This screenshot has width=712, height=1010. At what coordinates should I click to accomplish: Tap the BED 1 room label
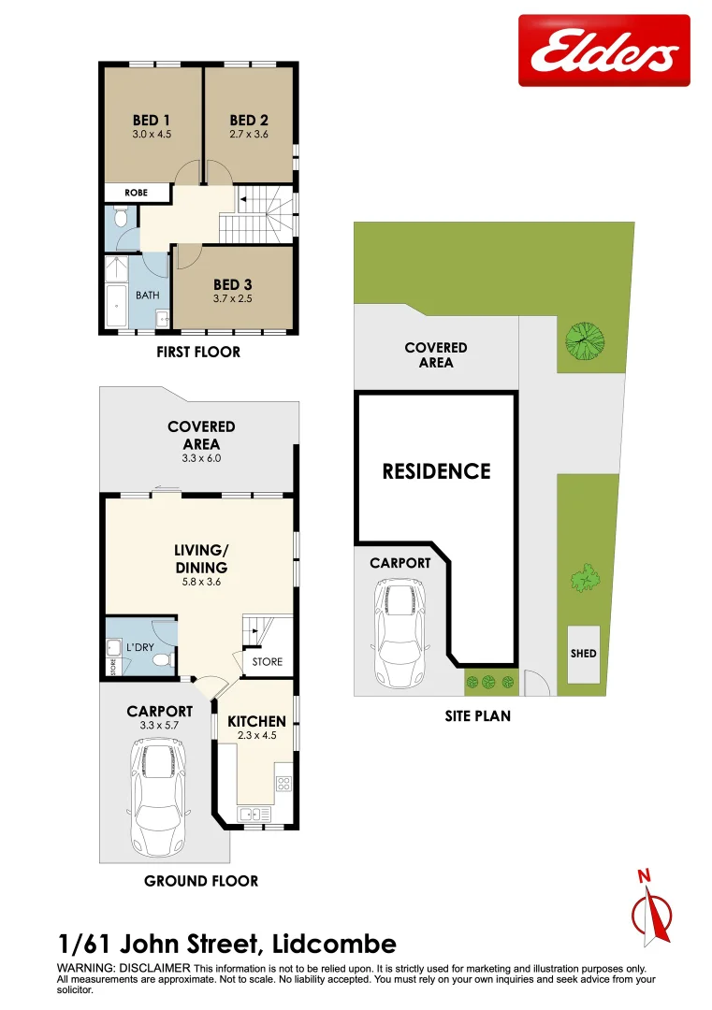click(152, 120)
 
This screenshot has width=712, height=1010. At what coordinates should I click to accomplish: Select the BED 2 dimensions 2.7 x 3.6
click(249, 135)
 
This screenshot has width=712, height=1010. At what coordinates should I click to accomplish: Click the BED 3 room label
click(233, 284)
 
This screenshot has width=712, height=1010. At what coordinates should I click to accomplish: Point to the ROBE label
click(137, 193)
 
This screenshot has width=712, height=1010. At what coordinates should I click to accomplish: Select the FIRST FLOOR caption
click(197, 352)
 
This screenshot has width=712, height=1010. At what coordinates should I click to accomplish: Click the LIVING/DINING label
click(201, 559)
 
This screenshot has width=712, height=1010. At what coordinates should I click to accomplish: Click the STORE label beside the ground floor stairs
click(267, 661)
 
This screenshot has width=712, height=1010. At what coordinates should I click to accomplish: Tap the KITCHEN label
click(256, 721)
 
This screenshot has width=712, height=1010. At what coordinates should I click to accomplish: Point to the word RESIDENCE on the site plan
click(436, 471)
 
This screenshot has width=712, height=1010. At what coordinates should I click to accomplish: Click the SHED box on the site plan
click(583, 654)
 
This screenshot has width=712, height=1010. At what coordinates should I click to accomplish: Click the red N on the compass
click(643, 876)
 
